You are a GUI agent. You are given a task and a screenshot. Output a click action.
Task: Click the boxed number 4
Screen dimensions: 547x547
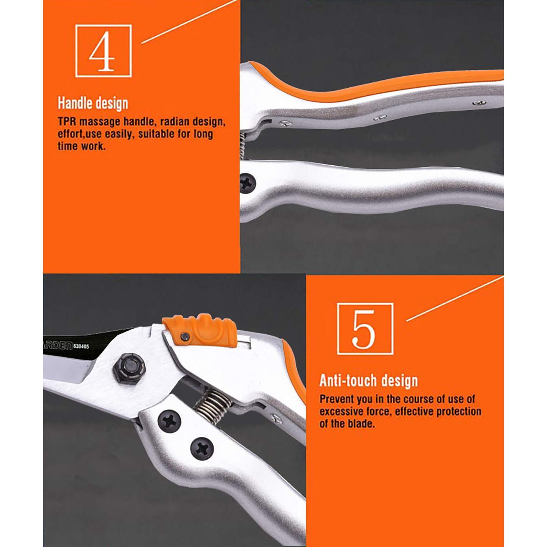point(103,51)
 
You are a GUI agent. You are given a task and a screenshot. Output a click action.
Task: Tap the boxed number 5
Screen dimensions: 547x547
point(365,329)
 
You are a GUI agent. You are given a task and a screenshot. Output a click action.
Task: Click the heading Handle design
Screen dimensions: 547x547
point(93,103)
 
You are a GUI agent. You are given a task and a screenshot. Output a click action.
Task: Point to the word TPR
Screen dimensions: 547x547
point(67,121)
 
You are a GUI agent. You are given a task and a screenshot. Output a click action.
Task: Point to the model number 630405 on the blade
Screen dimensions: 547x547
point(81,346)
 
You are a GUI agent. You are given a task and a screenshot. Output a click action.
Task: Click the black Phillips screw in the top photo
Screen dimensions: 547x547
point(247,183)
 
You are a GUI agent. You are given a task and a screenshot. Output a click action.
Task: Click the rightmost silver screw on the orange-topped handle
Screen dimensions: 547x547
point(479,103)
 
